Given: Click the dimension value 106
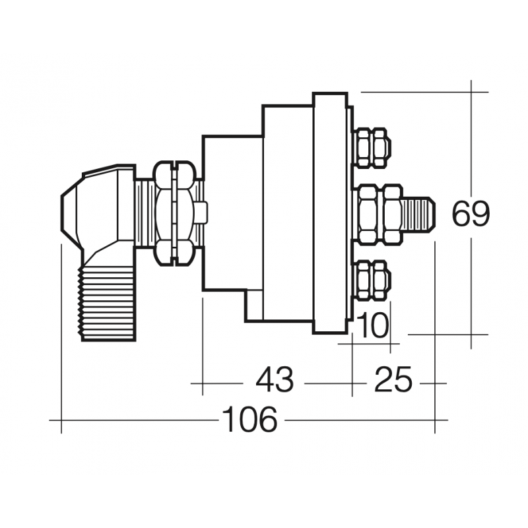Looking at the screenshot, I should coord(249,420).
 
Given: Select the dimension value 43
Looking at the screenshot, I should coord(274,381).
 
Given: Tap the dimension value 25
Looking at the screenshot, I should coord(393,381).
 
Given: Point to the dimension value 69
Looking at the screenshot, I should coord(471,214).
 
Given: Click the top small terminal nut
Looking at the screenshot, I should coord(372,147).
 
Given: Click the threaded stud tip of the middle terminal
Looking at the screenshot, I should coord(418,213).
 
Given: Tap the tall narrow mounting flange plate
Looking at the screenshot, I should coord(329,213).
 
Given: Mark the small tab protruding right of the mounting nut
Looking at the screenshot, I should coord(202,213).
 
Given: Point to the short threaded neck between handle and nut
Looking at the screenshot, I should coord(145,213).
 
